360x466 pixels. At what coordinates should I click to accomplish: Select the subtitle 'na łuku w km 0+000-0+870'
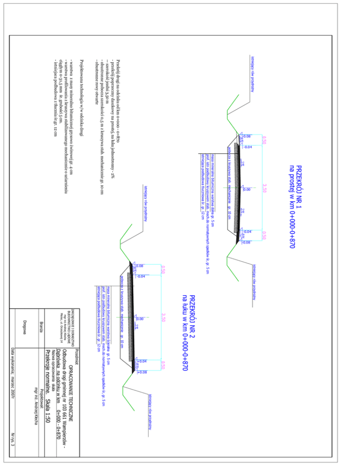pyautogui.click(x=184, y=333)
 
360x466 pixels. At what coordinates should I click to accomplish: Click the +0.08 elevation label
pyautogui.click(x=142, y=372)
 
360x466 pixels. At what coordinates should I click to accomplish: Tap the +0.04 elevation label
pyautogui.click(x=142, y=361)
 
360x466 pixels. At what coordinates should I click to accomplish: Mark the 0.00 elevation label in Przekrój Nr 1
pyautogui.click(x=247, y=190)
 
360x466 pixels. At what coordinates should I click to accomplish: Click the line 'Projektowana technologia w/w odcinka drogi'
pyautogui.click(x=82, y=99)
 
